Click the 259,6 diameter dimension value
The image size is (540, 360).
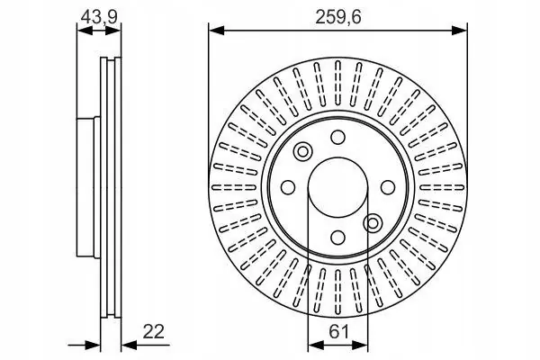pyautogui.click(x=337, y=16)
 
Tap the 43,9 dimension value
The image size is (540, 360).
pyautogui.click(x=99, y=16)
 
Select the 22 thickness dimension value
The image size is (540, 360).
pyautogui.click(x=154, y=332)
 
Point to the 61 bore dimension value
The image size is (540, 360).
pyautogui.click(x=338, y=332)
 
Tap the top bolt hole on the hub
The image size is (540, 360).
pyautogui.click(x=337, y=137)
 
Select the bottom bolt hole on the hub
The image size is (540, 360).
pyautogui.click(x=337, y=238)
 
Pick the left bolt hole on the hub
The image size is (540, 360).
pyautogui.click(x=288, y=187)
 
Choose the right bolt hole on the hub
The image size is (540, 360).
pyautogui.click(x=388, y=187)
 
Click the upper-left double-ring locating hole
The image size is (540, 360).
pyautogui.click(x=302, y=151)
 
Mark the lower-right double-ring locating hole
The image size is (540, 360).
pyautogui.click(x=373, y=223)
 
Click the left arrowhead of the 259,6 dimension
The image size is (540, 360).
pyautogui.click(x=217, y=31)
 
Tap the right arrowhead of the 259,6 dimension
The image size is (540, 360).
pyautogui.click(x=459, y=31)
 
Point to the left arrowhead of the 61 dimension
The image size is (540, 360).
pyautogui.click(x=316, y=345)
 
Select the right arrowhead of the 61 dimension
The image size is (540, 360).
pyautogui.click(x=360, y=345)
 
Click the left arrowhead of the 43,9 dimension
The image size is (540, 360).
pyautogui.click(x=85, y=31)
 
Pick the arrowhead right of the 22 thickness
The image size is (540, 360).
pyautogui.click(x=130, y=345)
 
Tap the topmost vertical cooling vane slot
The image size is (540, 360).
pyautogui.click(x=337, y=84)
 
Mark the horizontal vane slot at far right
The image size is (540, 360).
pyautogui.click(x=442, y=187)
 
